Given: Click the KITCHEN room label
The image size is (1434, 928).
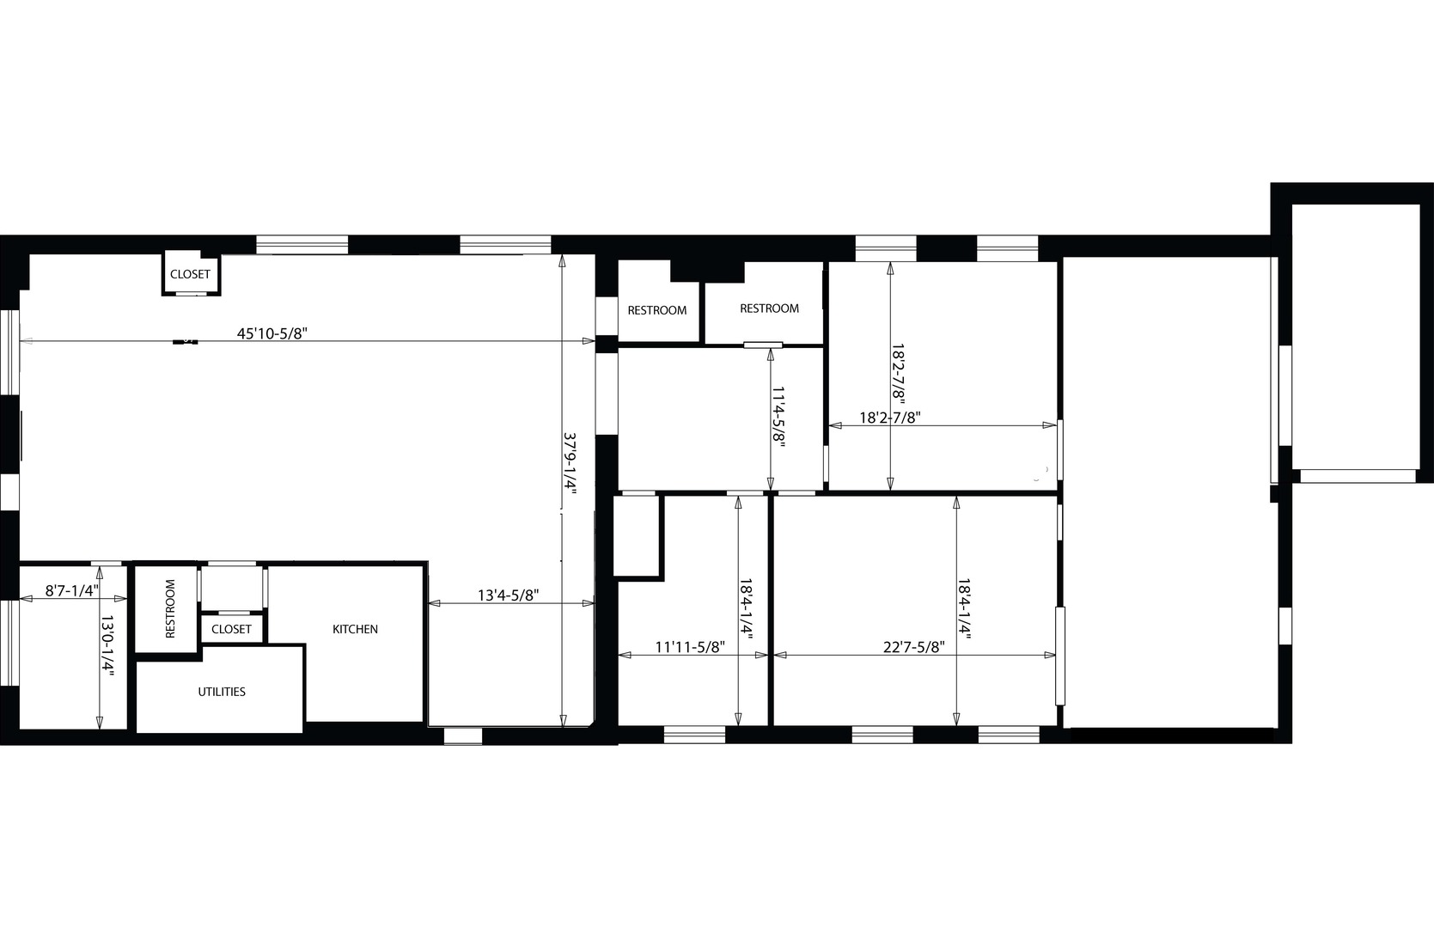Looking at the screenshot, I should (x=355, y=629).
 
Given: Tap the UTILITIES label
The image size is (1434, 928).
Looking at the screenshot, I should (x=222, y=692).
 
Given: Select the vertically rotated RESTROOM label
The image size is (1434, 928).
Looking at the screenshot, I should (x=170, y=608).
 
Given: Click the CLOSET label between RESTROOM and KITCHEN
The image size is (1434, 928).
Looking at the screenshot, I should (x=231, y=629).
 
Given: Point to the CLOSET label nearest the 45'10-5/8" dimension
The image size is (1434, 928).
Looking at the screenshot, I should (x=190, y=274).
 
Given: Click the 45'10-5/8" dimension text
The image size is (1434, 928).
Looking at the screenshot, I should (x=272, y=333).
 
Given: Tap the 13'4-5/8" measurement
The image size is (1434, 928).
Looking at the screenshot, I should (x=509, y=595).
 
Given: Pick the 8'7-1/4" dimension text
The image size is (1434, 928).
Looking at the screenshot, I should (x=72, y=591).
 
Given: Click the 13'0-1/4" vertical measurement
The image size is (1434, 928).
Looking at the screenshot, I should (x=107, y=646).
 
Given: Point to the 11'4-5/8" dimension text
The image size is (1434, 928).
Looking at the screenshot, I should (x=778, y=418).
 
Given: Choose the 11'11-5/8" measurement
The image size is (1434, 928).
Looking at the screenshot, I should (x=690, y=647).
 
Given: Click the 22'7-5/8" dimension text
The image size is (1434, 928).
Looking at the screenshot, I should (x=913, y=647).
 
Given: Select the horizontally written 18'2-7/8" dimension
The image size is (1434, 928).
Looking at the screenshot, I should (x=890, y=418).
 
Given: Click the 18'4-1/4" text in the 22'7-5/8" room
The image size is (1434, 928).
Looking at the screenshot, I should (x=964, y=609).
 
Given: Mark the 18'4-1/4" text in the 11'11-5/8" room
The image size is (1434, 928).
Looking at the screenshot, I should (x=746, y=609).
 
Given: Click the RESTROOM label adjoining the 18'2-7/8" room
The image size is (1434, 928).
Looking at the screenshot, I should (x=769, y=308).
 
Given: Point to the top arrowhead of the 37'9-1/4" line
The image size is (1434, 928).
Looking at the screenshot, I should (x=562, y=259).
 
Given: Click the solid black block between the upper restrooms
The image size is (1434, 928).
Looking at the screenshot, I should (x=706, y=270).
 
